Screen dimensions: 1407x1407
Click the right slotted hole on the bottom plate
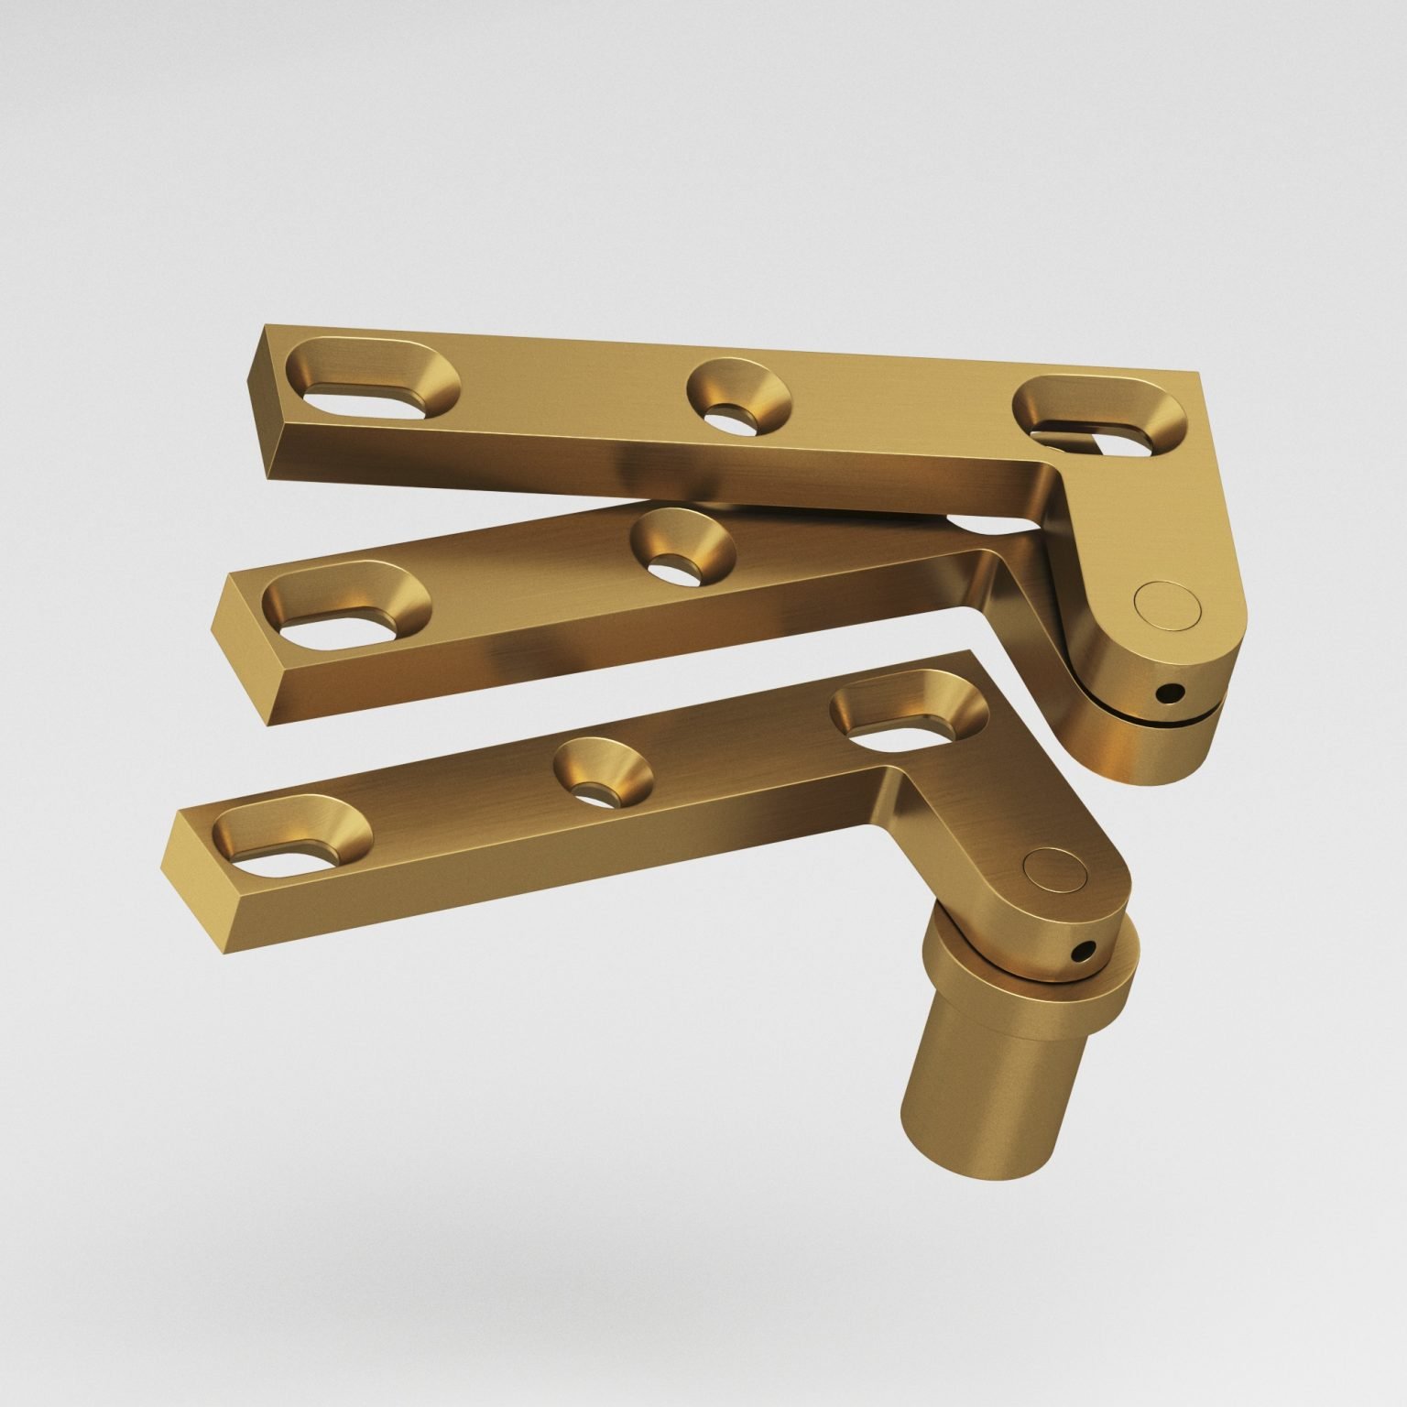[909, 706]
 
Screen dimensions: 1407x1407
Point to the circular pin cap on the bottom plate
[1051, 869]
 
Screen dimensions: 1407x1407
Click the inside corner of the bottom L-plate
[893, 775]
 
